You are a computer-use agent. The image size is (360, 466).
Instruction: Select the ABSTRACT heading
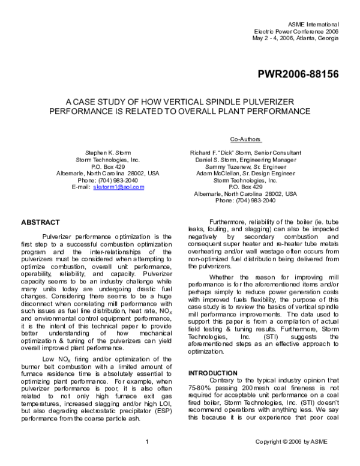[41, 222]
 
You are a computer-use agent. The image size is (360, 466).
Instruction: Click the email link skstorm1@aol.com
[119, 187]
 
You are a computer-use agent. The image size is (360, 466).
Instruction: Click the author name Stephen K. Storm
[108, 154]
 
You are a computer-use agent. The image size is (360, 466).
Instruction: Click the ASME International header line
[314, 22]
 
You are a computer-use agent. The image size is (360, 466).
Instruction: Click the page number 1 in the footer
[147, 459]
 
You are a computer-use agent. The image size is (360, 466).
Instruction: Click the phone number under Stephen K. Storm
[108, 179]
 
